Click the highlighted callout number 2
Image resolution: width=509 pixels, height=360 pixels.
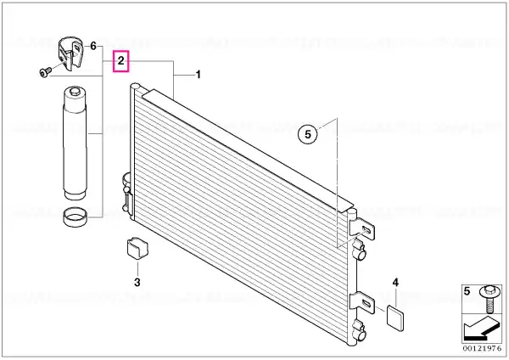[120, 61]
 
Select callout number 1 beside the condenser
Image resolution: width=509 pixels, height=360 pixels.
[198, 75]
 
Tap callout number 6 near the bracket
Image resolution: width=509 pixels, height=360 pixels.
[93, 46]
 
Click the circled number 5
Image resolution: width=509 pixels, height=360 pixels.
[308, 134]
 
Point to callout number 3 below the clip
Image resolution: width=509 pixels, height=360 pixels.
[137, 282]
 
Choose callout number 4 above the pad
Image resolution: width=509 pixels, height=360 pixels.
[395, 283]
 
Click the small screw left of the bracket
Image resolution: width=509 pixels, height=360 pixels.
[45, 72]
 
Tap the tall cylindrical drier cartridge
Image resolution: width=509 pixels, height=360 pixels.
[76, 143]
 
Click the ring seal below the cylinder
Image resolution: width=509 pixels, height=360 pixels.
[76, 217]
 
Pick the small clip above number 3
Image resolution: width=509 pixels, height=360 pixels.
[137, 249]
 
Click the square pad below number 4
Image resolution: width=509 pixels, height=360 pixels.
[395, 318]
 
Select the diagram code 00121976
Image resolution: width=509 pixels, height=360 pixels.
[482, 349]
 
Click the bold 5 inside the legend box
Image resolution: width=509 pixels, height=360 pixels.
[467, 291]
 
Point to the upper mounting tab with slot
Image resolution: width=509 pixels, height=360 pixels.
[362, 228]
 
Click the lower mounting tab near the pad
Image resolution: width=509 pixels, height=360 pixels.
[362, 303]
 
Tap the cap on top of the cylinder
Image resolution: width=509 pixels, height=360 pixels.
[75, 92]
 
